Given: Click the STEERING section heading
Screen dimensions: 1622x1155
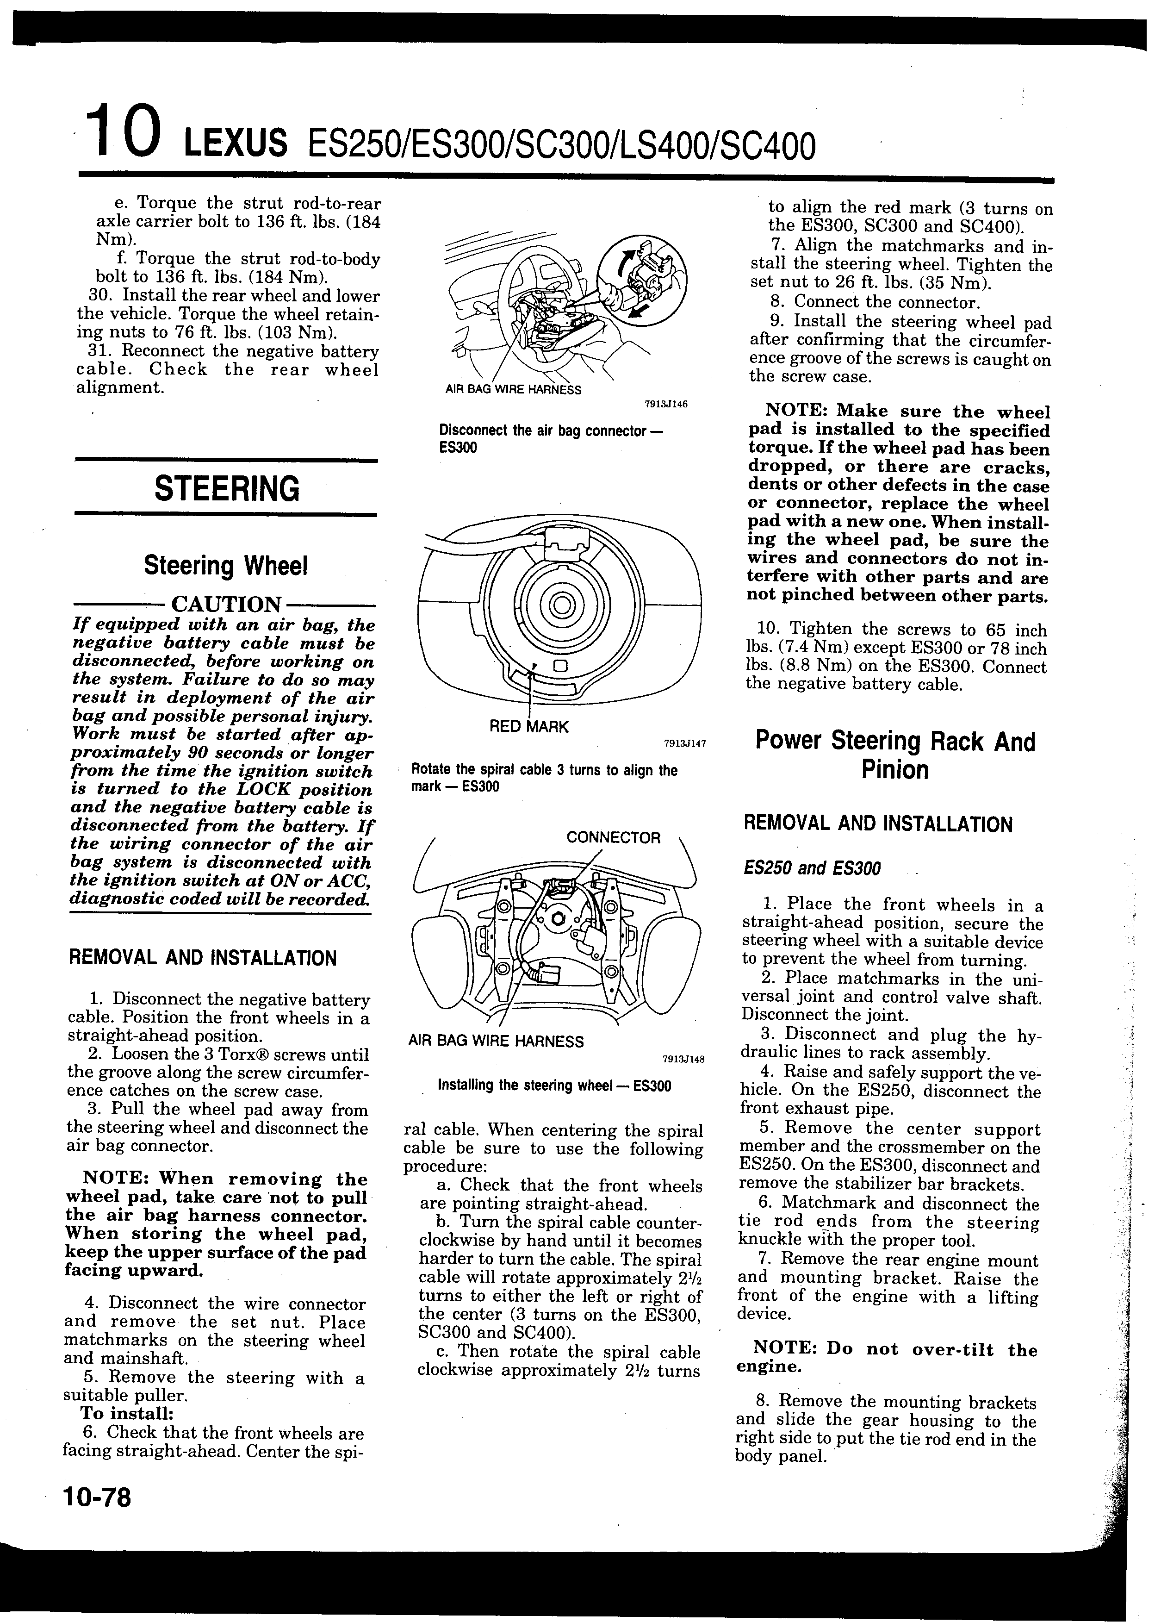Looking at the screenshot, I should tap(226, 489).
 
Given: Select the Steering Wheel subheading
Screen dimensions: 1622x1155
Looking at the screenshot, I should tap(225, 566).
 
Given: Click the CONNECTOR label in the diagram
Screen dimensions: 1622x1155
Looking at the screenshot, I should tap(613, 837).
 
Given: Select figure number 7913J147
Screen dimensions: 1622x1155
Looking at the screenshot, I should tap(684, 743).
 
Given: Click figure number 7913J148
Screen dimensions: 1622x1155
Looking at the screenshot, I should tap(683, 1059).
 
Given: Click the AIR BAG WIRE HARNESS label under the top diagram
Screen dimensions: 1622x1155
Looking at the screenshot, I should tap(513, 390).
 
